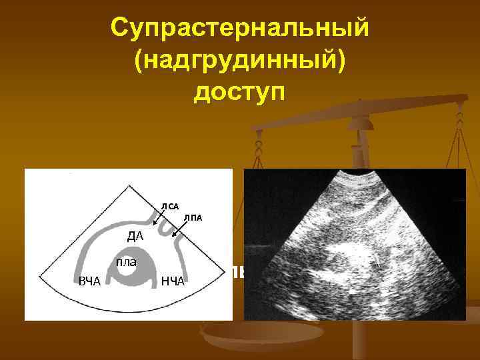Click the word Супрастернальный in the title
coord(239,29)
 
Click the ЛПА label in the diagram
coord(193,217)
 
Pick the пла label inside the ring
coord(126,262)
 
